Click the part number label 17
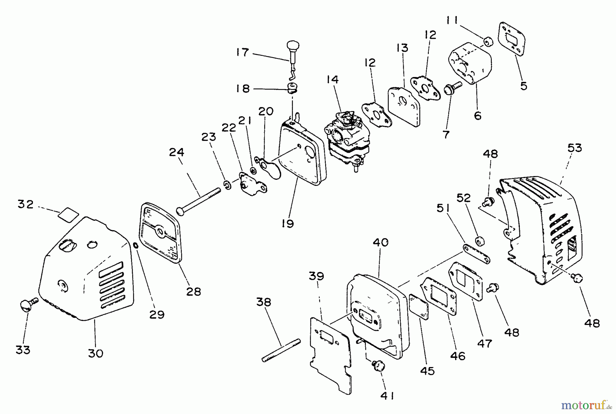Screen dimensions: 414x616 [242, 52]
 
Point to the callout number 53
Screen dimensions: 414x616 [575, 148]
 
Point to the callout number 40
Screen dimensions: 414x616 [381, 242]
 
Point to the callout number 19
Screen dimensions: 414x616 [288, 224]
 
